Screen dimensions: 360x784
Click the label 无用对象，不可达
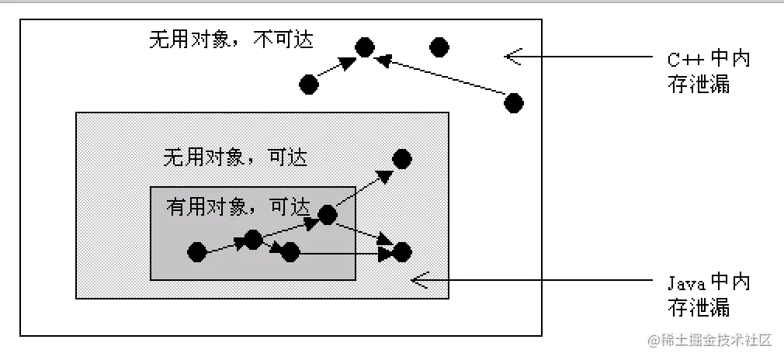click(x=231, y=40)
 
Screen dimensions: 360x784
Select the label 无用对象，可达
click(x=234, y=157)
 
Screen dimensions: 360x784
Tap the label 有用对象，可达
click(x=238, y=207)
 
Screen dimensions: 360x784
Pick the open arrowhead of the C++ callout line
click(x=512, y=56)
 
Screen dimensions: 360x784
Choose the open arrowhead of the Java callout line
click(x=419, y=279)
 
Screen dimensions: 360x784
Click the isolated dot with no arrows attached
click(x=439, y=47)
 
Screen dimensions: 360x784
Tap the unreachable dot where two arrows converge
click(x=365, y=47)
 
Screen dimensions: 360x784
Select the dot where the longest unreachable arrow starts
click(x=513, y=102)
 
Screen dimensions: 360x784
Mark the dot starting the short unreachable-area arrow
click(x=309, y=85)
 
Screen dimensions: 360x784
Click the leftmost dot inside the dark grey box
click(x=197, y=251)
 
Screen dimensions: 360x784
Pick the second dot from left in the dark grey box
click(x=253, y=239)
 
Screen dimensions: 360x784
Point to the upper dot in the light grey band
click(x=401, y=159)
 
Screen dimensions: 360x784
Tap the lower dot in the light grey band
click(x=401, y=251)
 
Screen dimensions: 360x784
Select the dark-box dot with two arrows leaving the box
click(x=327, y=215)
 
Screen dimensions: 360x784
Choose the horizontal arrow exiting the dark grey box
click(x=342, y=253)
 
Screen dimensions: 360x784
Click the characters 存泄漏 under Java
click(x=699, y=307)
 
